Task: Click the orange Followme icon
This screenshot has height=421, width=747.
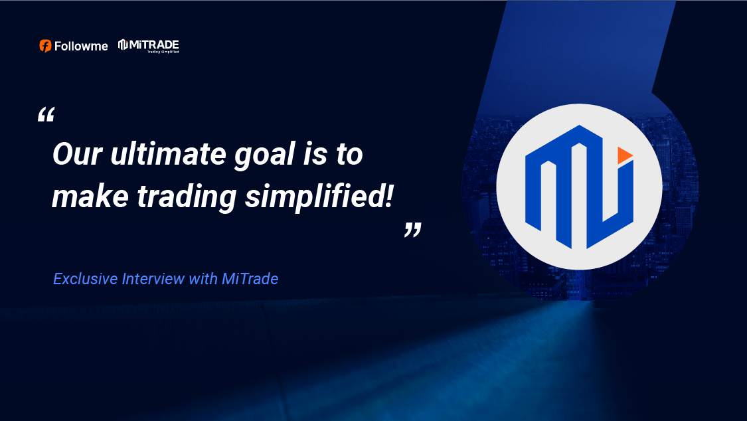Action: (x=45, y=46)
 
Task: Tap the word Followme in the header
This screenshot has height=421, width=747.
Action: (x=81, y=46)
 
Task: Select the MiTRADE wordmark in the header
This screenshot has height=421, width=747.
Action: (x=154, y=44)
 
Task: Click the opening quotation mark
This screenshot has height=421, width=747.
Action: (x=46, y=115)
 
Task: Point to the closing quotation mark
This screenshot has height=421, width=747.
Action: (x=413, y=230)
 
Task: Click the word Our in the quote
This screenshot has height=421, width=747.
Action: (x=78, y=154)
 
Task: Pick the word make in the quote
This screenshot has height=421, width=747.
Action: (x=90, y=196)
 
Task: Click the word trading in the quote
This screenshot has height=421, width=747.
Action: (x=187, y=198)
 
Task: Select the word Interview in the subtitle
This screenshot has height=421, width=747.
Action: (x=153, y=279)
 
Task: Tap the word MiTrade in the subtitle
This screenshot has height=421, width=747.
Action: (x=250, y=279)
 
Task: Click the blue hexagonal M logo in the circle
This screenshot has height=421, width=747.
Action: (x=579, y=187)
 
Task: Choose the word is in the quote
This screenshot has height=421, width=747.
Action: (x=315, y=154)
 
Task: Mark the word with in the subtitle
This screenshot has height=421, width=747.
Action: (x=203, y=279)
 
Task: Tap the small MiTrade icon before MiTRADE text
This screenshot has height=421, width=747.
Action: (x=123, y=44)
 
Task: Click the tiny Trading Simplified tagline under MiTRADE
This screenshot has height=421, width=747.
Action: (x=163, y=52)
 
